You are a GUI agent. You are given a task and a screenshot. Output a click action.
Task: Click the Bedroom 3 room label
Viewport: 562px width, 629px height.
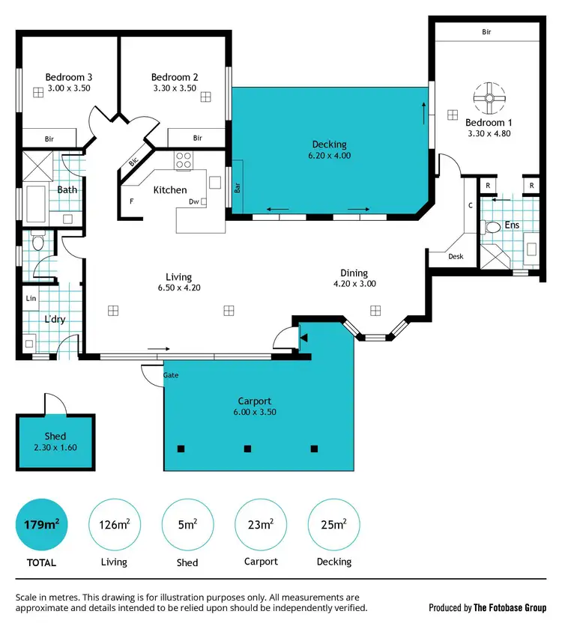(69, 76)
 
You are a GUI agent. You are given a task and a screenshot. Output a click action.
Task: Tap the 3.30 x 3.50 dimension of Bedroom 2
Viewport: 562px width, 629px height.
(174, 88)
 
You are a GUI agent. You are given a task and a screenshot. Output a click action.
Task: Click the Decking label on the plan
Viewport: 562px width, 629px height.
(329, 145)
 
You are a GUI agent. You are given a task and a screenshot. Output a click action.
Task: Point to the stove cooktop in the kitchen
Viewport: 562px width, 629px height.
(184, 160)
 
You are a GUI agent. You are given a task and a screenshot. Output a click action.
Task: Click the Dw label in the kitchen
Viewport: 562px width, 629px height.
(193, 201)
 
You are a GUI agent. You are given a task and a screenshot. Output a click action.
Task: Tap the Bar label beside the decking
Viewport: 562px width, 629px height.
(238, 187)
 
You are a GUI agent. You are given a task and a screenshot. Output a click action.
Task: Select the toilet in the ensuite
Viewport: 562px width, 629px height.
(492, 227)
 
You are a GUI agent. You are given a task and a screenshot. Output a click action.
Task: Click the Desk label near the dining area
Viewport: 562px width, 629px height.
(456, 256)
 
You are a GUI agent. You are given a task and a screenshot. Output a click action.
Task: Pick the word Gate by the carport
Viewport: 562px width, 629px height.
(172, 374)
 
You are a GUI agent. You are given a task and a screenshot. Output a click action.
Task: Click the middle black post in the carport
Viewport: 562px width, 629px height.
(247, 449)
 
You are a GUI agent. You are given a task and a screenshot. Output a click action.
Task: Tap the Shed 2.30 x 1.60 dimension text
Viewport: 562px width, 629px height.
(55, 448)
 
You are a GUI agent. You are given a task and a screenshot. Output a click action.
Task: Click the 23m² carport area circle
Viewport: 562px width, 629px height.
(261, 524)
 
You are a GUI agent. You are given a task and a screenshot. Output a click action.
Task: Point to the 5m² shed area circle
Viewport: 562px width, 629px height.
(187, 524)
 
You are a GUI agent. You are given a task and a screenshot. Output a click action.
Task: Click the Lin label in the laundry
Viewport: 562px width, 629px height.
(31, 298)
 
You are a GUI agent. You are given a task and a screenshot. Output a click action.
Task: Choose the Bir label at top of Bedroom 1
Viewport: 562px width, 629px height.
(486, 31)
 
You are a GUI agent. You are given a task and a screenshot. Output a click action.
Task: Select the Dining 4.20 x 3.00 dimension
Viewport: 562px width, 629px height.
(354, 284)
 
